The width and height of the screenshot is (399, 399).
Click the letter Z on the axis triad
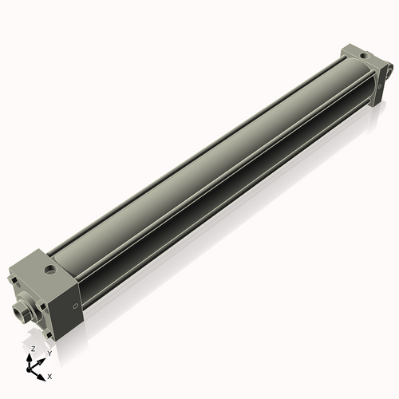[x=33, y=349]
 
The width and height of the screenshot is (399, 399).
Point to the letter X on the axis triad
[x=49, y=375]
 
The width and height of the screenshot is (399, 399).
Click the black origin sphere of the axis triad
[x=33, y=366]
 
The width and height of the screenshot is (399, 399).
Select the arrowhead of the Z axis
[x=33, y=357]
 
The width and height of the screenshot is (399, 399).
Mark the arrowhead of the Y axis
[x=41, y=359]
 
